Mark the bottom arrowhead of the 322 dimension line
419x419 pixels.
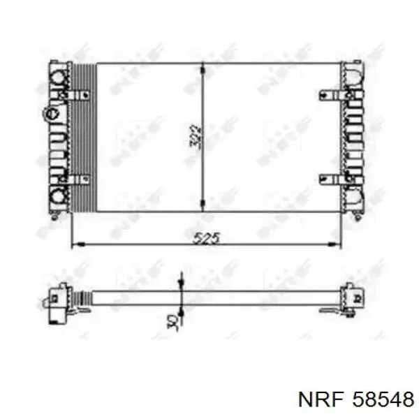click(x=203, y=209)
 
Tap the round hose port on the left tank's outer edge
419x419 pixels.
click(x=49, y=112)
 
